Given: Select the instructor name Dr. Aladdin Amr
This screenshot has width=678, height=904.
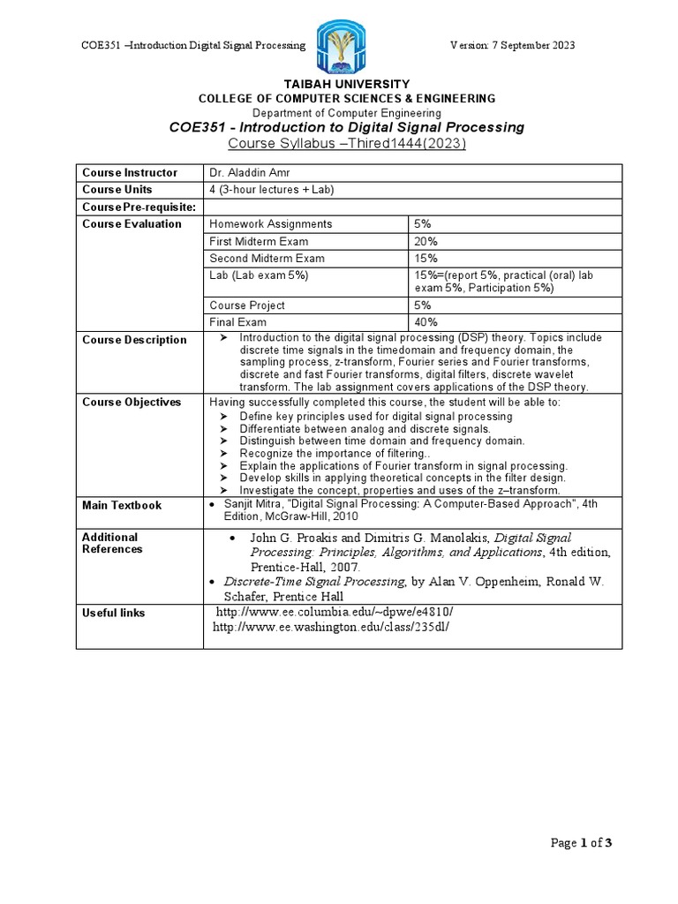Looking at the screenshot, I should pos(247,173).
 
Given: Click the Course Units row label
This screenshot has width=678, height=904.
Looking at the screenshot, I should pos(117,190).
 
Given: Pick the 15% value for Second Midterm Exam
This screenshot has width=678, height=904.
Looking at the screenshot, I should pos(426,259).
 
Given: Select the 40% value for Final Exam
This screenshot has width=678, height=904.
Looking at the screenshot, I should pos(426,323).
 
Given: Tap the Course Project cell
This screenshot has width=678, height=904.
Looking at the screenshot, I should pos(247,305).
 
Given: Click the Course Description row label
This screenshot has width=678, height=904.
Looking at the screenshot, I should pos(134,340).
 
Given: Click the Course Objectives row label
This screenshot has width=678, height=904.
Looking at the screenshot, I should pos(132,403).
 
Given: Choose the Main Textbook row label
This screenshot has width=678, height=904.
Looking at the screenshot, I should pos(122,506).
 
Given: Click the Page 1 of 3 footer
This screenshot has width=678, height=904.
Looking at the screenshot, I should pos(581,843).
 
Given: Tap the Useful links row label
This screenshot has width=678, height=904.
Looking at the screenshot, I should pos(114,613).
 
